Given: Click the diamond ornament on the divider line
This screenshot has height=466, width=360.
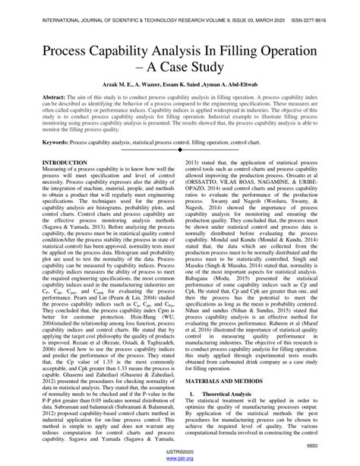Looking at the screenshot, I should [x=181, y=171].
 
